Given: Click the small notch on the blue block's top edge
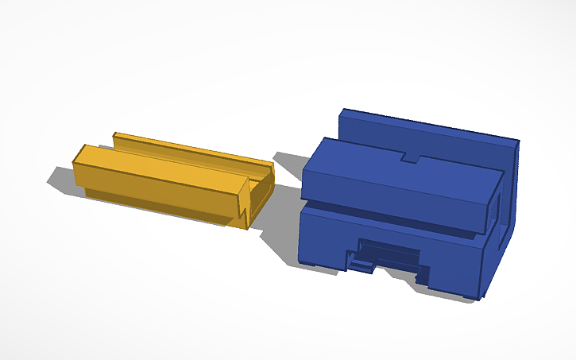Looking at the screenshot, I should [x=410, y=157].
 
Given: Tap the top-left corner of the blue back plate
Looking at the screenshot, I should [x=342, y=110].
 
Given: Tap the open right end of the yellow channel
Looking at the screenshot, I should [x=261, y=191].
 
